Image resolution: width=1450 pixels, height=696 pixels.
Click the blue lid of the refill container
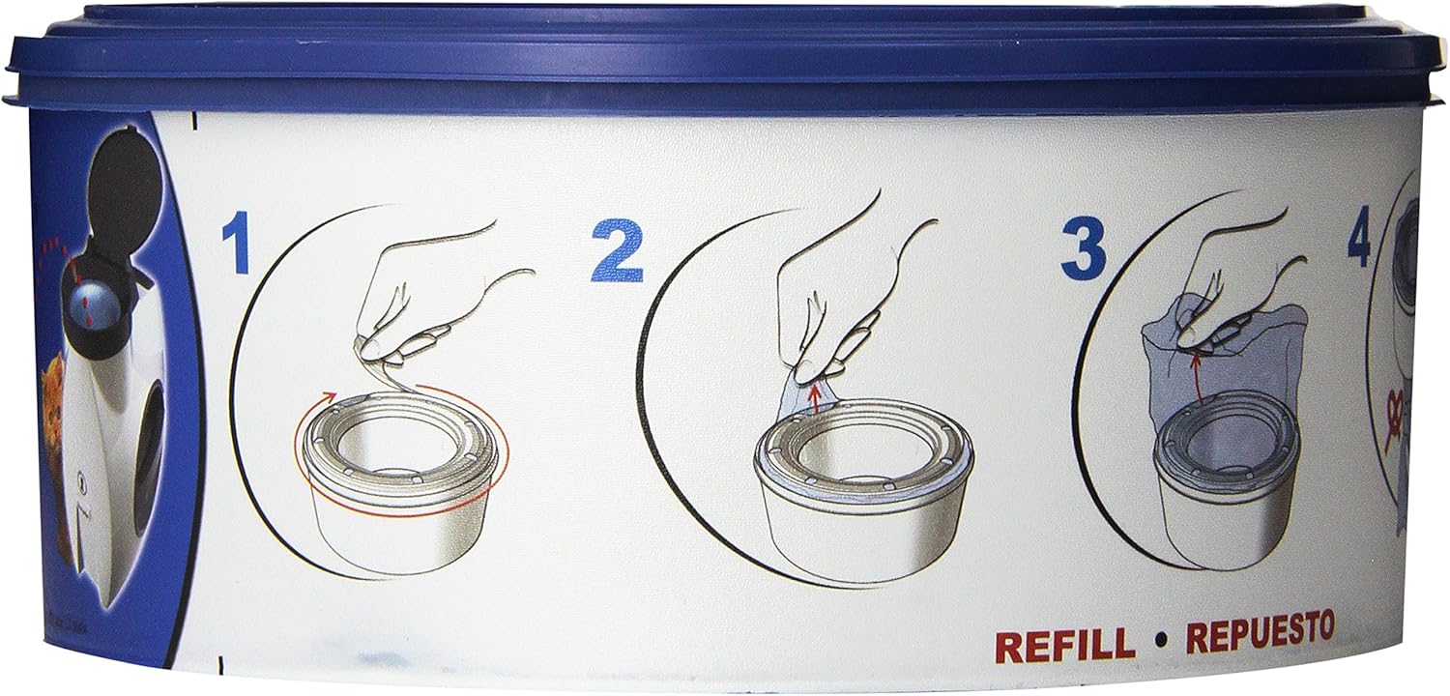725,53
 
